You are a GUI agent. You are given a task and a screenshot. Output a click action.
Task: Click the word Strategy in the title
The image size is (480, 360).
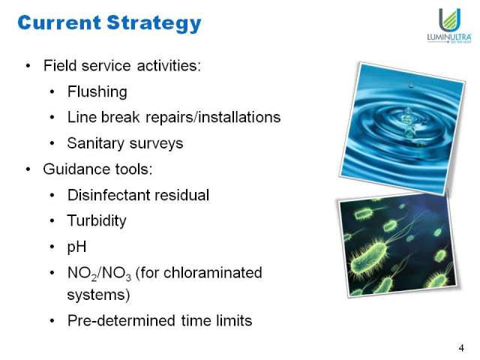tap(154, 23)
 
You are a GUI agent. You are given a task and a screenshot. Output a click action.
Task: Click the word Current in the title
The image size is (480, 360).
tap(59, 22)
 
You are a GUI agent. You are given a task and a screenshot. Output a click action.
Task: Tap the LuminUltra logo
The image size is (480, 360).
tap(449, 26)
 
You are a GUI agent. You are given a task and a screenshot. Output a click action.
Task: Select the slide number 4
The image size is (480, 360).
tap(461, 348)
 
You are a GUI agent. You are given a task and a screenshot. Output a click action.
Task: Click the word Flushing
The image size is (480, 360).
tap(97, 91)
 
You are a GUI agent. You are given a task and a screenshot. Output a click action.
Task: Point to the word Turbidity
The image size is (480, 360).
tap(97, 221)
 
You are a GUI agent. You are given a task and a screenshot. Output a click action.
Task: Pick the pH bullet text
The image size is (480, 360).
tap(76, 247)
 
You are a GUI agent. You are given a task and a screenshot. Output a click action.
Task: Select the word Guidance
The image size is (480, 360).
tap(76, 169)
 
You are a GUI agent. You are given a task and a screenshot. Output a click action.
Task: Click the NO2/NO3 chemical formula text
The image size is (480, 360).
tap(99, 273)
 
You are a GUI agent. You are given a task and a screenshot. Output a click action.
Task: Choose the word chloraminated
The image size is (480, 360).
tap(213, 272)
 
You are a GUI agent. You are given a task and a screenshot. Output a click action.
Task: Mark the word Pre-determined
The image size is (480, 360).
tap(121, 321)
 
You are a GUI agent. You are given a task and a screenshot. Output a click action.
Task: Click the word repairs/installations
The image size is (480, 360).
tap(213, 117)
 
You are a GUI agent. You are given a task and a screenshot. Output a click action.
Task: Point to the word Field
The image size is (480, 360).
tap(60, 65)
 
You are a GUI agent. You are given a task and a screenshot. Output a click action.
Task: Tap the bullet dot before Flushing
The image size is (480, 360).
tap(52, 91)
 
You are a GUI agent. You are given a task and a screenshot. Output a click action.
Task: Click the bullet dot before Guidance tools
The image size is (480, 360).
tap(28, 169)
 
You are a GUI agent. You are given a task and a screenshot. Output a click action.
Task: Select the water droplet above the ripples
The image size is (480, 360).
tap(411, 84)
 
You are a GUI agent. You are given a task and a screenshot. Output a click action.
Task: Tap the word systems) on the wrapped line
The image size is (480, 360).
tap(98, 295)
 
